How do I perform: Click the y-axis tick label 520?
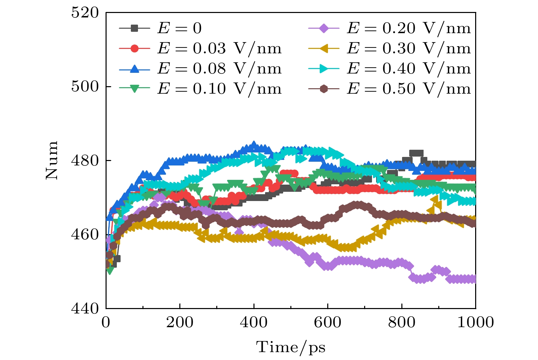pos(85,13)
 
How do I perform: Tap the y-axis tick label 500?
pos(85,86)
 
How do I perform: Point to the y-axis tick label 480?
pos(85,160)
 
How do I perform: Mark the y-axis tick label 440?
pos(85,308)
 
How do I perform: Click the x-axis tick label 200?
pos(180,322)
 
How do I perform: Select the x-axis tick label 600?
pos(328,322)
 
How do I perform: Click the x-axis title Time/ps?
pos(291,347)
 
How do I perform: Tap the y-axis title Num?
pos(52,160)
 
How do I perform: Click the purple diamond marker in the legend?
pos(323,28)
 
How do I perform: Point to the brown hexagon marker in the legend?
pos(323,89)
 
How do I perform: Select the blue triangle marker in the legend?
pos(135,69)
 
